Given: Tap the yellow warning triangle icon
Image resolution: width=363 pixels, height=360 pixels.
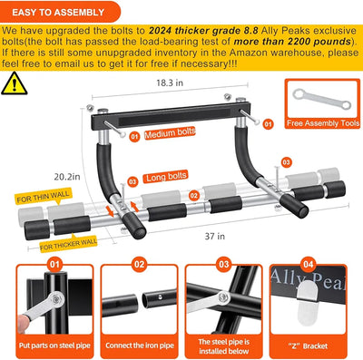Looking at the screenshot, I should coord(15,84).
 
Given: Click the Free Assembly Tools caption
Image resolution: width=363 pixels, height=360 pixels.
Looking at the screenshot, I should coord(319,121).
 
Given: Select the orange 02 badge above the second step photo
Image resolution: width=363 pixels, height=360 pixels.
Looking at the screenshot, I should coord(139,265).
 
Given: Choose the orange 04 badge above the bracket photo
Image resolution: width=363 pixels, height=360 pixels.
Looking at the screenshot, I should coord(309,265).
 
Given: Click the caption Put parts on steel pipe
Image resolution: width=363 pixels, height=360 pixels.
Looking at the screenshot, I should coord(51,346).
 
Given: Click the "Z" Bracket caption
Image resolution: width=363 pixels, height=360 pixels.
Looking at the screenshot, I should coord(310,346).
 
